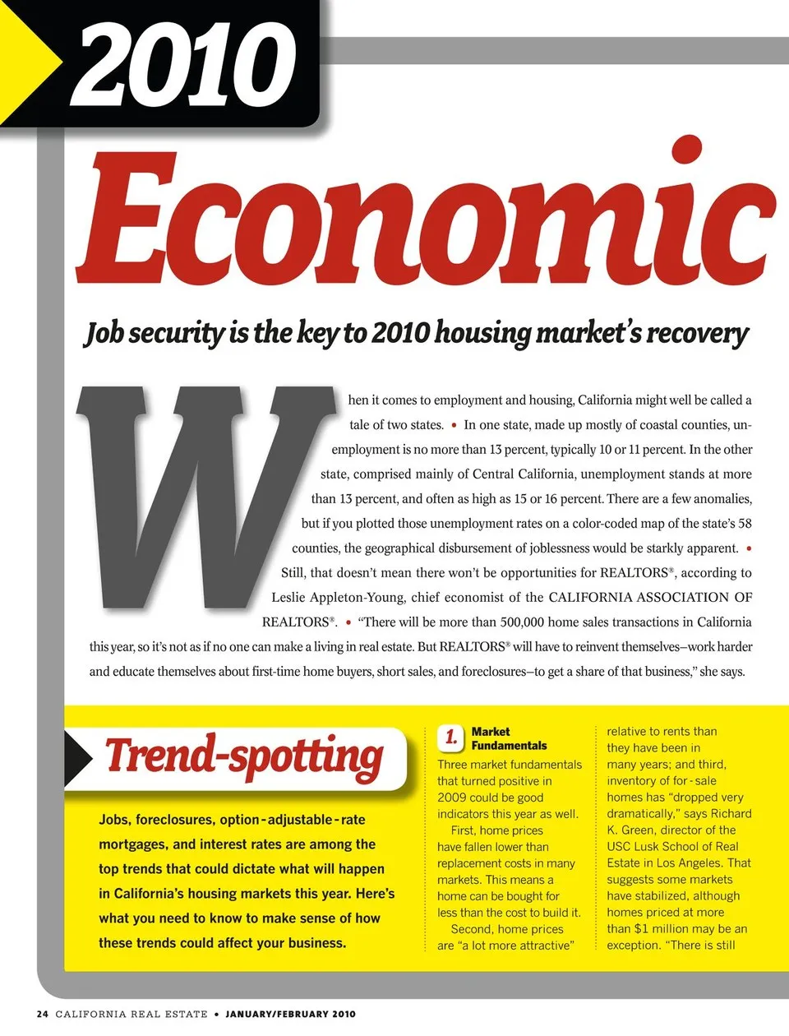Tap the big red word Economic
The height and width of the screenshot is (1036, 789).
(x=427, y=215)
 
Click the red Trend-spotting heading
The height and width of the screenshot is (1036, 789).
(x=244, y=756)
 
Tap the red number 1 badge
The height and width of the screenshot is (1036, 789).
(x=451, y=737)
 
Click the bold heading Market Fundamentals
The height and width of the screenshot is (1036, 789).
(x=508, y=738)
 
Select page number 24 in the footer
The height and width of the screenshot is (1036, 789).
(x=43, y=1014)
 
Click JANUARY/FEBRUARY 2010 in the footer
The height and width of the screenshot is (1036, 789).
(x=290, y=1014)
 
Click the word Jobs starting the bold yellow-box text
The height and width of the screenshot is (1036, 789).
(x=113, y=820)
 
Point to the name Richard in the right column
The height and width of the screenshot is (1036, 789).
(x=731, y=814)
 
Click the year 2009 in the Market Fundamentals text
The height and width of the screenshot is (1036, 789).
(x=453, y=798)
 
